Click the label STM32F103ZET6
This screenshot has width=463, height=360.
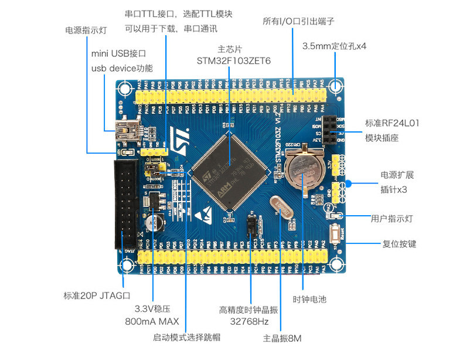click(x=234, y=60)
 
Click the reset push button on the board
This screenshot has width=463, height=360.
click(x=336, y=236)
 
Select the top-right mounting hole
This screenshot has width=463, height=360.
click(x=336, y=87)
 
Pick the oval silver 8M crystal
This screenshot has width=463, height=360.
click(x=284, y=208)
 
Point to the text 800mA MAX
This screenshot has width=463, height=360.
click(x=152, y=322)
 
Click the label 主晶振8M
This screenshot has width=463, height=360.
click(x=282, y=338)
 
